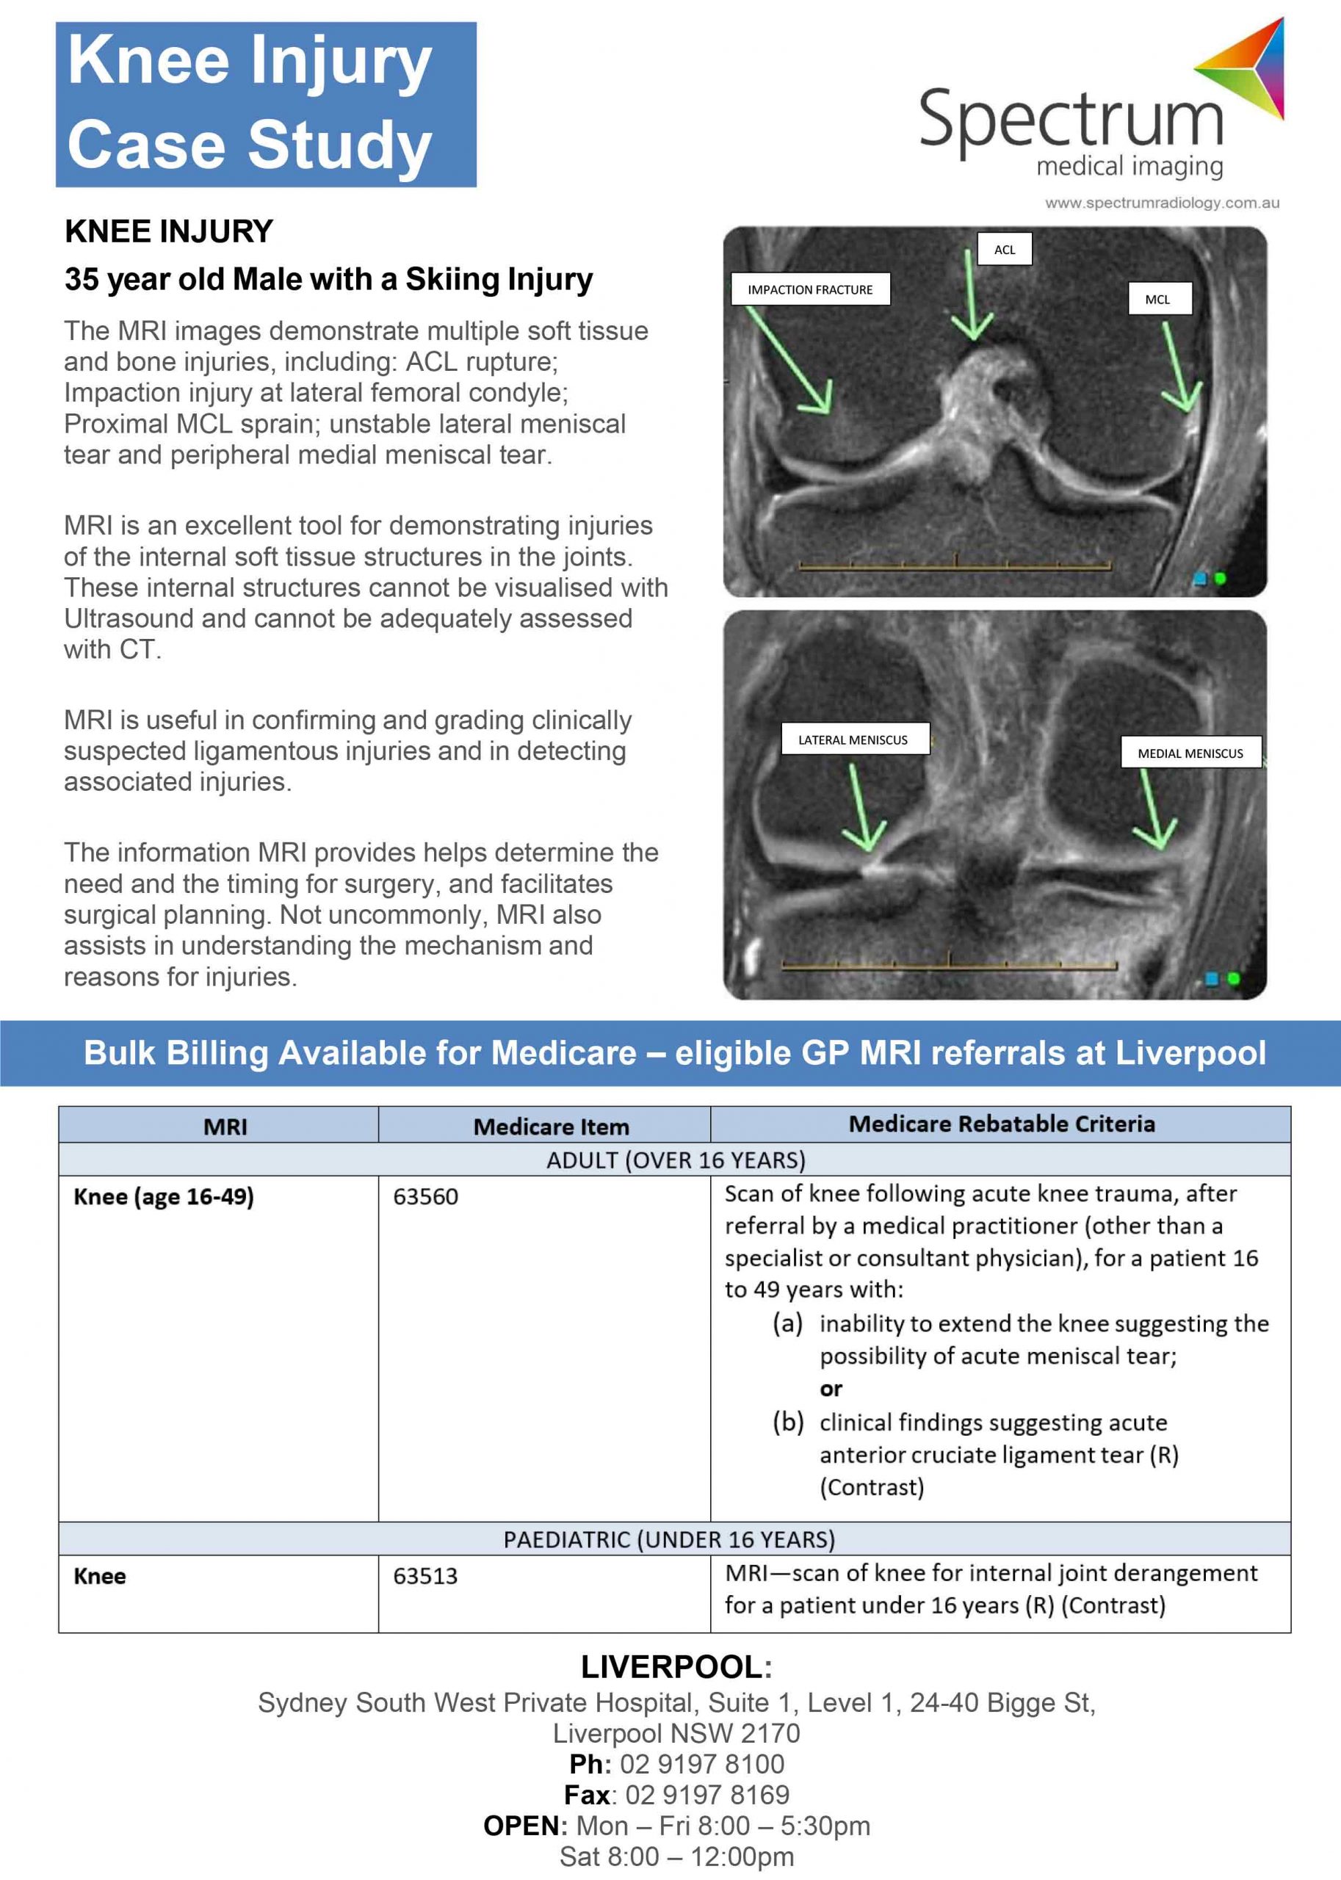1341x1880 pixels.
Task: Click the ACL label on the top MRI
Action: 1004,250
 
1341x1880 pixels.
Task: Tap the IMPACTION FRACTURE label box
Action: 809,290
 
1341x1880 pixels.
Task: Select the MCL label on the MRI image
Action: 1157,300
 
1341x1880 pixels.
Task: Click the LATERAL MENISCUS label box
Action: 852,740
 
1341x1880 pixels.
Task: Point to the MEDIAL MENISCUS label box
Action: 1189,753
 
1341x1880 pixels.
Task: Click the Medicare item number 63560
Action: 425,1196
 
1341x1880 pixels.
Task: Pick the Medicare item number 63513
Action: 425,1576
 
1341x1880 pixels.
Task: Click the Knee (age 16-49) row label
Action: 164,1196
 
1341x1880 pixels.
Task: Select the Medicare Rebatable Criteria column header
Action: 1001,1124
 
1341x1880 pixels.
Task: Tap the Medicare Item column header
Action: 551,1127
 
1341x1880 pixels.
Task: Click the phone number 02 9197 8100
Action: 701,1763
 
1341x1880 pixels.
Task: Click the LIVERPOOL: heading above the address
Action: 676,1667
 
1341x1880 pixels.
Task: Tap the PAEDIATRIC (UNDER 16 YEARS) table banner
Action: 669,1539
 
